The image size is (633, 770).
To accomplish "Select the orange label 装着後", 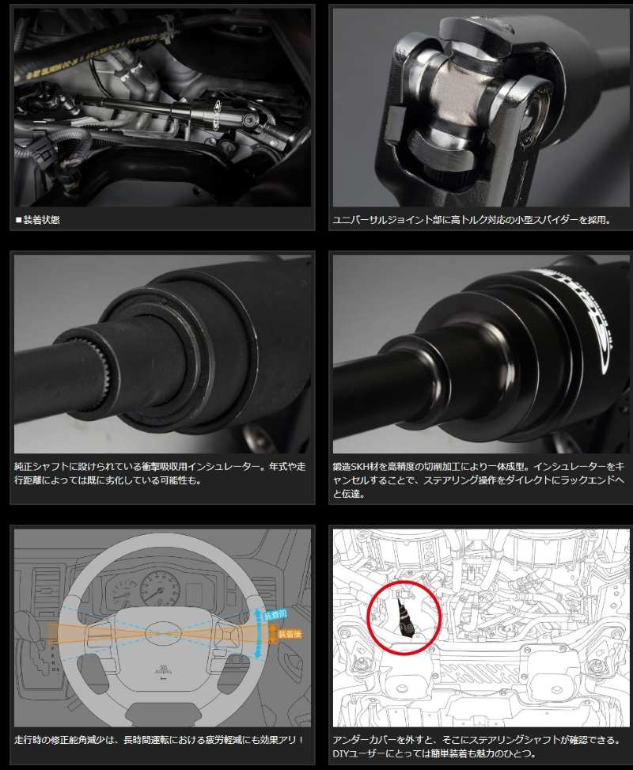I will pyautogui.click(x=290, y=634).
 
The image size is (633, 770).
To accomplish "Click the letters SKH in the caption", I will pyautogui.click(x=362, y=467).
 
